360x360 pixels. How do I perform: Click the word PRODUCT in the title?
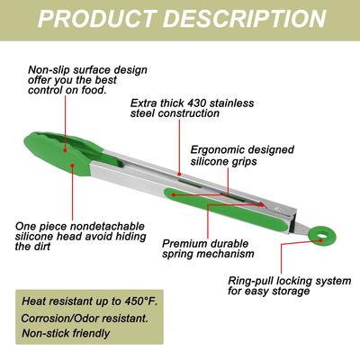point(97,19)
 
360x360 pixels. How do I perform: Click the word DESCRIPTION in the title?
point(245,19)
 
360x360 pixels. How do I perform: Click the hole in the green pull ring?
point(321,239)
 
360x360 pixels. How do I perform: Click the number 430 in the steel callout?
point(196,103)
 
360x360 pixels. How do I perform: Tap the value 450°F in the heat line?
point(140,301)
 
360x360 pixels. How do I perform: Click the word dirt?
point(41,247)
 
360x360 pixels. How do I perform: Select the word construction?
point(189,113)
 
